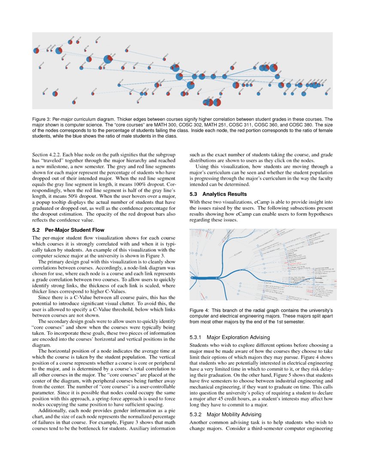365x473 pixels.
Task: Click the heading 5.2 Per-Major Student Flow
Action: click(x=68, y=230)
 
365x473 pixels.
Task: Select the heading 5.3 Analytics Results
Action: click(x=218, y=194)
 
